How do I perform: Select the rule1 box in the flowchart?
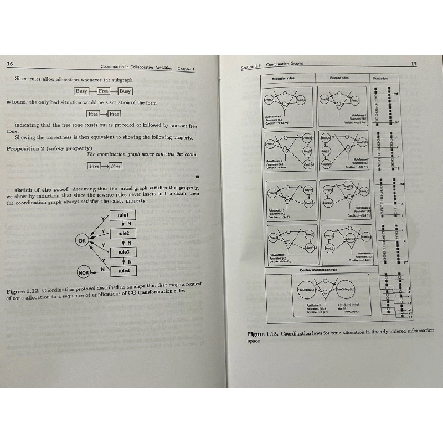coord(123,215)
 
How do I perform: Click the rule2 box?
coord(123,233)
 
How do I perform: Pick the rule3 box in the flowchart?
coord(123,252)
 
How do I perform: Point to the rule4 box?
coord(123,271)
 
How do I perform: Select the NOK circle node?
coord(84,272)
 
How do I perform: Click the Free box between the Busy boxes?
coord(104,91)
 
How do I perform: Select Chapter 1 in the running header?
coord(186,69)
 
